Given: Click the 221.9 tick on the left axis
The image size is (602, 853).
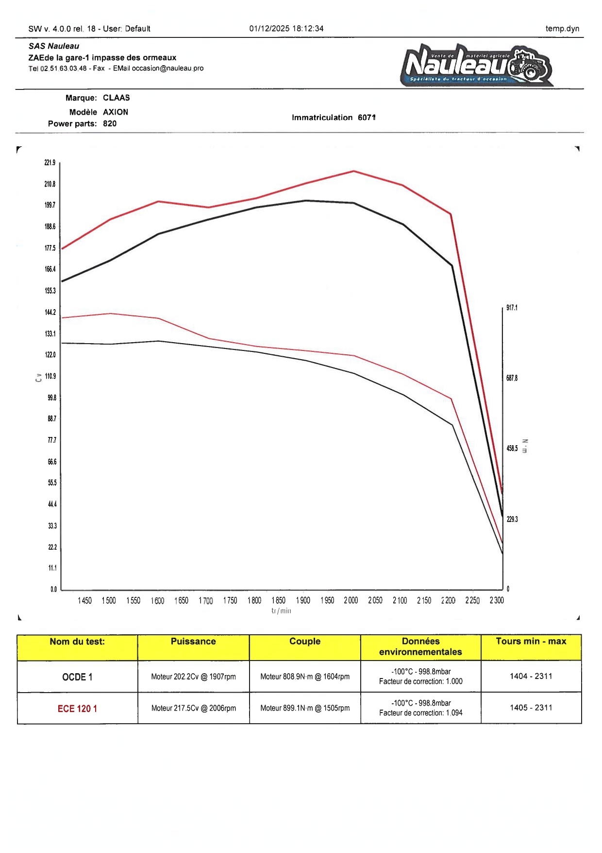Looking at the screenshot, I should [x=50, y=163].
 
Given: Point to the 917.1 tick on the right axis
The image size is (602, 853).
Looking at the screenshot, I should [x=512, y=308].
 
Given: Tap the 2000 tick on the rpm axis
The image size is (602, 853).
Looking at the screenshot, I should [x=351, y=601].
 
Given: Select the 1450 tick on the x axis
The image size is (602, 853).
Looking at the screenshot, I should [x=84, y=601].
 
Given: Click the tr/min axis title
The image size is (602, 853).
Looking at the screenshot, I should [x=281, y=611].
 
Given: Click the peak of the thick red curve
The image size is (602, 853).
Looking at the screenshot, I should [x=354, y=171].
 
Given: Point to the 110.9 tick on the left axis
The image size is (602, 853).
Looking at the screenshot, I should [x=50, y=376].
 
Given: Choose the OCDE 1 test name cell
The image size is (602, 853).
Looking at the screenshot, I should [x=77, y=677].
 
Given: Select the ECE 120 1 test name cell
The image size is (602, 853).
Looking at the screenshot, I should [x=77, y=709].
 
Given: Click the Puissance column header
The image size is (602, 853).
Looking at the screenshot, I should [x=193, y=642].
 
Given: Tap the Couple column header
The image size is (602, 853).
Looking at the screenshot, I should [x=305, y=642].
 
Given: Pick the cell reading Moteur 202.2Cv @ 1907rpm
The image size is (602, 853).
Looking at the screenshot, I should [x=193, y=677].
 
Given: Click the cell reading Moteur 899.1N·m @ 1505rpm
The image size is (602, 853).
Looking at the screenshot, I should [x=305, y=708].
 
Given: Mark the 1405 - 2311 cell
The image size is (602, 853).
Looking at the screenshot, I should [x=531, y=708].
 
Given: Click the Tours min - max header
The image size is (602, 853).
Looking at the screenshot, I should [x=531, y=642].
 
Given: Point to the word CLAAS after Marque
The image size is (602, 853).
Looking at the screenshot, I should [x=117, y=98].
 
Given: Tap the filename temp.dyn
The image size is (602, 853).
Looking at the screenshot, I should [x=562, y=29].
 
